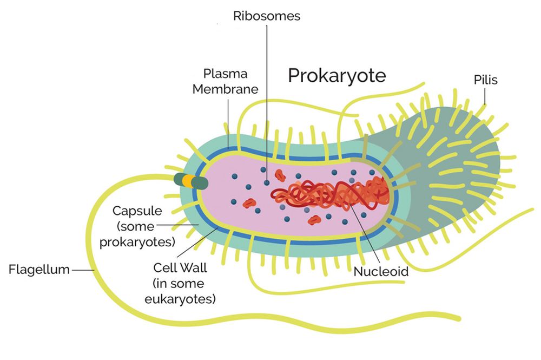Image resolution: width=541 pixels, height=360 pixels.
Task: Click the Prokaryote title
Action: pos(337,76)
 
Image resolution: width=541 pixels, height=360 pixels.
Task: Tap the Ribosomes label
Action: pos(267,16)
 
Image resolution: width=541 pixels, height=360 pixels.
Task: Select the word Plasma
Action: pos(225,74)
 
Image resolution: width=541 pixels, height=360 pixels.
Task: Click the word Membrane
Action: pos(225,89)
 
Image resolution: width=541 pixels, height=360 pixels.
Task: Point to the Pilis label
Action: pos(485,80)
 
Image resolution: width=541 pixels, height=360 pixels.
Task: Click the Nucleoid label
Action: pos(381,271)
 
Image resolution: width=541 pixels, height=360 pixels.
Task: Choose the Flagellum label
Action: pos(39,269)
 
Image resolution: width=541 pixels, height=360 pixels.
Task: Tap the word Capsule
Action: pos(137,211)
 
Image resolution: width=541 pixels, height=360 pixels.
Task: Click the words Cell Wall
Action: pos(180,267)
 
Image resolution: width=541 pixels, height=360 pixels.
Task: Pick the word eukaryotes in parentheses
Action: pos(180,299)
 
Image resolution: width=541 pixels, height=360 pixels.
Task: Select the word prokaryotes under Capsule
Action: pos(137,242)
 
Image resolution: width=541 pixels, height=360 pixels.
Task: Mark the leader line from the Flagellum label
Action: pos(83,270)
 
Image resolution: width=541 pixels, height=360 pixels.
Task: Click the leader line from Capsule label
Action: pos(177,225)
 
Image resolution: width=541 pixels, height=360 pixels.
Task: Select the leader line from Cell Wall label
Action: pos(197,243)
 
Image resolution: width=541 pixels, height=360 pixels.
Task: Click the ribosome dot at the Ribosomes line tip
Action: pos(267,182)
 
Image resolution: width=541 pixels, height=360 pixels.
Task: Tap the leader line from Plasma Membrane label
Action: pos(228,123)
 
